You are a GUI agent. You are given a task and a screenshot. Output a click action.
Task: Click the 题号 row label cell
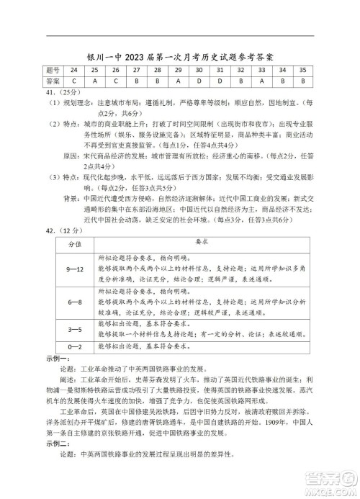click(x=51, y=71)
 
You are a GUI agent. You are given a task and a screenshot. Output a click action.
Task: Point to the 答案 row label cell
click(x=51, y=81)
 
